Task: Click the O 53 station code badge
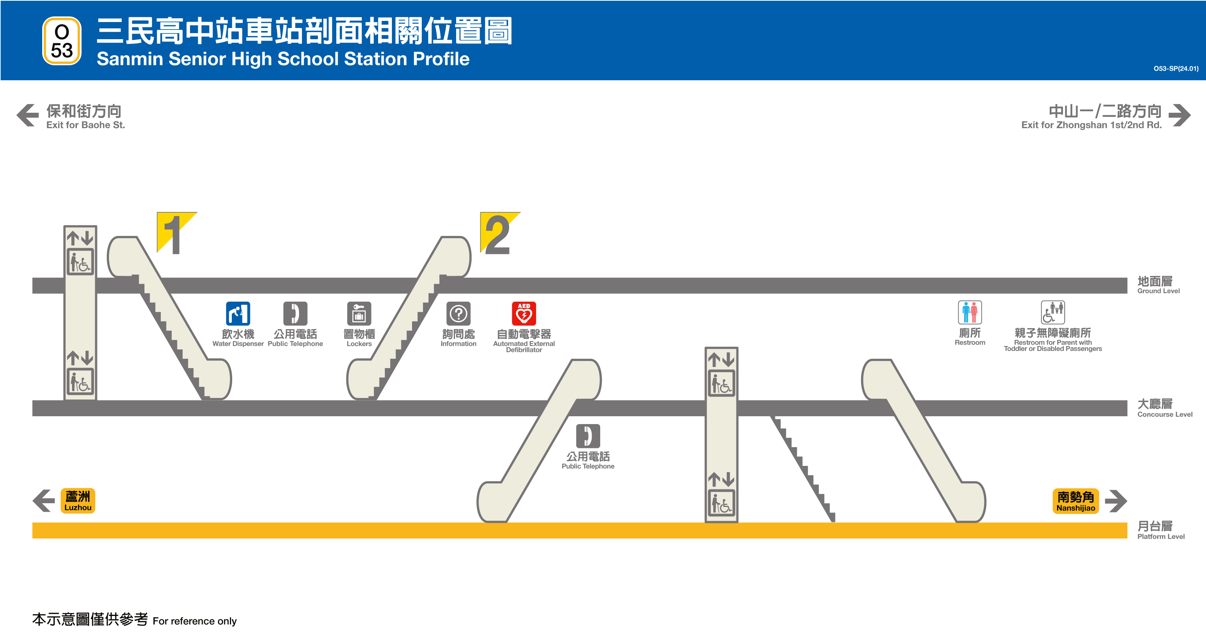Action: pos(62,41)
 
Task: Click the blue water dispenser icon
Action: pos(238,313)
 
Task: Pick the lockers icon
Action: pos(359,313)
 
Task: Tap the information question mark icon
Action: pos(458,313)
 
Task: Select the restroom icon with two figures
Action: pos(970,312)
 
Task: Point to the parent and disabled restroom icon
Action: pos(1053,312)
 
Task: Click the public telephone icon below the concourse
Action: pos(588,436)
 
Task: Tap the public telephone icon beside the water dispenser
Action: pos(295,313)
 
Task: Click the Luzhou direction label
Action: pos(78,501)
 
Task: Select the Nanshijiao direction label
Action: pos(1075,501)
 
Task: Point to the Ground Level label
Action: pos(1158,285)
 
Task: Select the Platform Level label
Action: pos(1160,530)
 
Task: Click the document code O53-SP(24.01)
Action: pos(1175,68)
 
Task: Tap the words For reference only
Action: pos(194,621)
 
